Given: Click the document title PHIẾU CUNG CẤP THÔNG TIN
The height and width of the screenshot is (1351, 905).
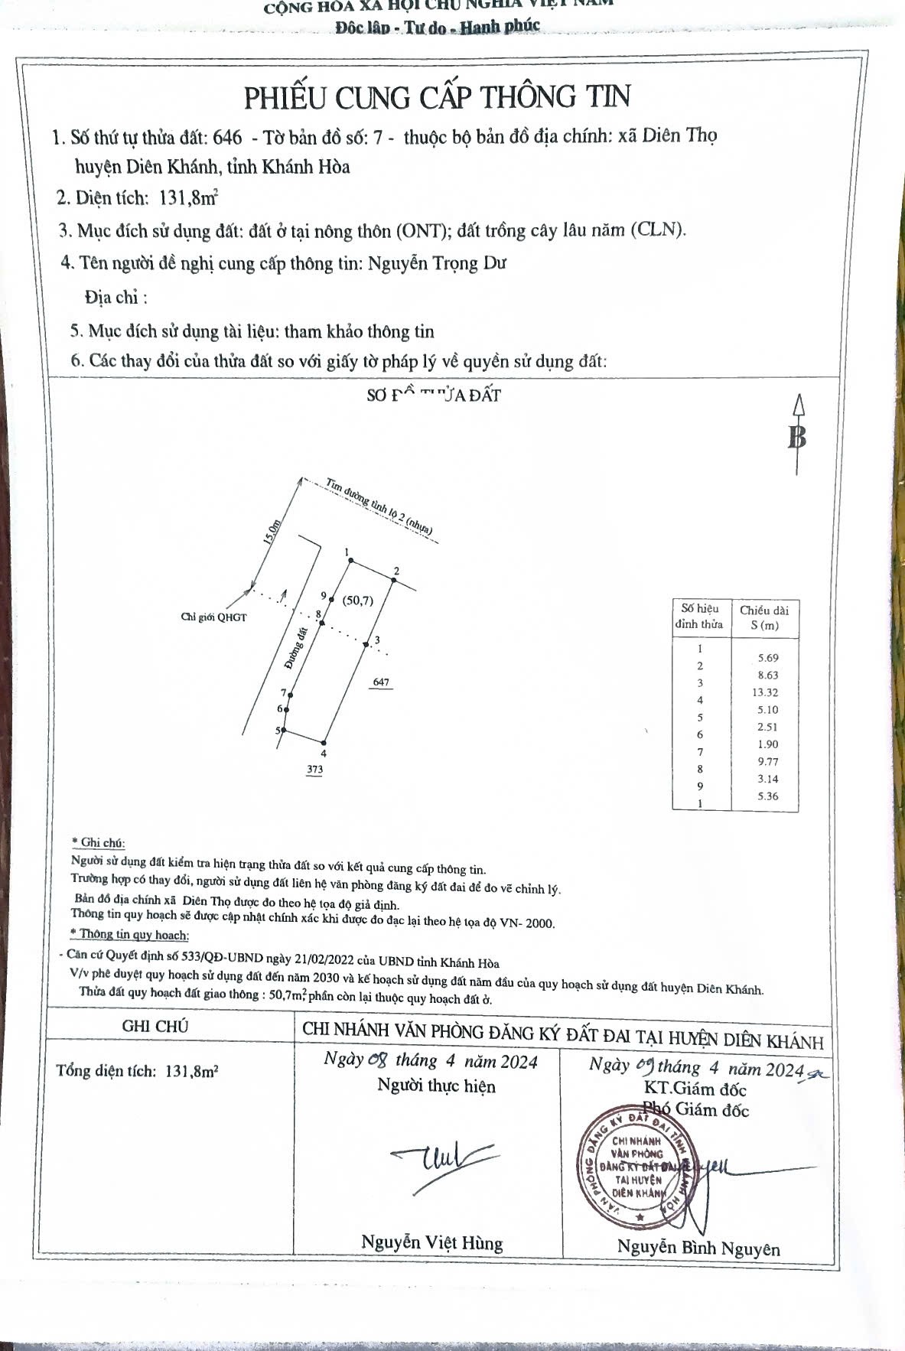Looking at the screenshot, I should tap(437, 97).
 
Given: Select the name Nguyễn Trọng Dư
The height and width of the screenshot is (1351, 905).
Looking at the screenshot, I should tap(437, 264).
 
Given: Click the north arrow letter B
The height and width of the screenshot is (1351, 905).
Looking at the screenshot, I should tap(797, 438).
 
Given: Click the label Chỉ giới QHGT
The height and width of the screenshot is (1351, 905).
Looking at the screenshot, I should tap(213, 617).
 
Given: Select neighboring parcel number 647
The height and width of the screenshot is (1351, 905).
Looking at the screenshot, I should tap(380, 682).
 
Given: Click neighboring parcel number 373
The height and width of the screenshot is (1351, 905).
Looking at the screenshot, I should tap(314, 770).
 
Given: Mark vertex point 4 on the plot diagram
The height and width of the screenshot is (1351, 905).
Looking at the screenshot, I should tap(324, 742).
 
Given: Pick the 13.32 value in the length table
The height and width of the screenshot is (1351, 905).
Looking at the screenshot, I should tap(765, 692).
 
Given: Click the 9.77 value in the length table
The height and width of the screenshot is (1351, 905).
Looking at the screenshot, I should tap(765, 761).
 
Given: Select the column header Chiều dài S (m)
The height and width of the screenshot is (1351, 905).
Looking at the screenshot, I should tap(764, 617).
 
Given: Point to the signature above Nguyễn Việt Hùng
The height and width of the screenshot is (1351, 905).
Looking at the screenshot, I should tap(441, 1163).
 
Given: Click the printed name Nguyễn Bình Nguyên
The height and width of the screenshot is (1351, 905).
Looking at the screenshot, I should tap(698, 1248).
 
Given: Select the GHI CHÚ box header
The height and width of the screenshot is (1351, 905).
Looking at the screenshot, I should tap(155, 1027).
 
